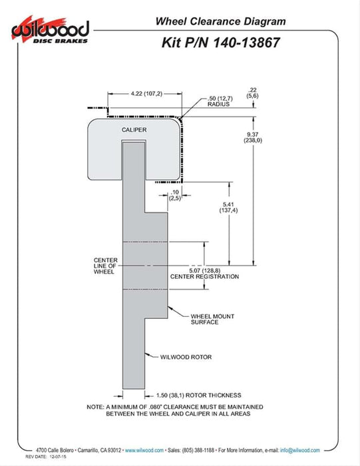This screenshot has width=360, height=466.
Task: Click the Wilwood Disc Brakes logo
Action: (x=50, y=31)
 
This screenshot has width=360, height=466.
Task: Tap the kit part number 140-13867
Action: (x=246, y=43)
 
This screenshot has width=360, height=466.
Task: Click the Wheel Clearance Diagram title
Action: (x=220, y=21)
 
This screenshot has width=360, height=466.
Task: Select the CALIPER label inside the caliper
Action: (x=134, y=130)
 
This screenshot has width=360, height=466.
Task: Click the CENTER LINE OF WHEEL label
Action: (x=105, y=266)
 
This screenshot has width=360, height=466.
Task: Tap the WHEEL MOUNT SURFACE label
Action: (x=212, y=319)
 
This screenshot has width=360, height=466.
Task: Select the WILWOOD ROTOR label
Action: (x=186, y=357)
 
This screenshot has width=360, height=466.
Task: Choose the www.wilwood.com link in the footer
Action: (x=144, y=450)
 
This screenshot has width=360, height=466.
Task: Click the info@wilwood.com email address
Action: (x=299, y=450)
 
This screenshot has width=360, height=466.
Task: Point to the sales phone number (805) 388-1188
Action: (x=198, y=450)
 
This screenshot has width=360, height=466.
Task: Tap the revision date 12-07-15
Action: (x=58, y=457)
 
